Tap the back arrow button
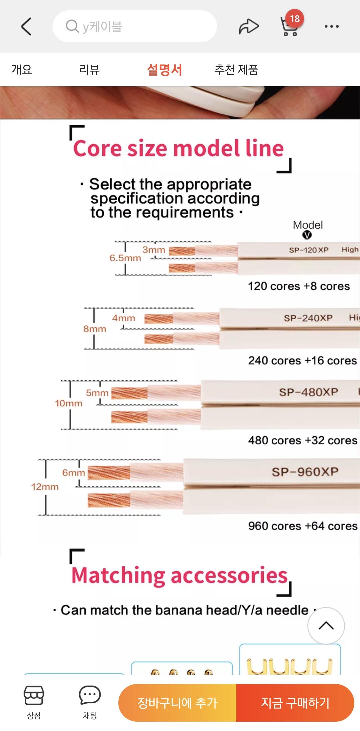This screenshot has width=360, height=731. click(x=26, y=26)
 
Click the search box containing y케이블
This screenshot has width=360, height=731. click(x=135, y=26)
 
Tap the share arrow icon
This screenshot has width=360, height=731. click(x=249, y=27)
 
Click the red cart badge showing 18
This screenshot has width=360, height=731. click(x=295, y=19)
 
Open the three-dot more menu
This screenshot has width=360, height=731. click(x=332, y=26)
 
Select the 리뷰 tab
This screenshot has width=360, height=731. click(x=89, y=70)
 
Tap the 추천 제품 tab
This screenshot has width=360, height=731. click(x=236, y=70)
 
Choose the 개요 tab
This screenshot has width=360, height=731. click(x=22, y=70)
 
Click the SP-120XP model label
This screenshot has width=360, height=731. click(x=309, y=250)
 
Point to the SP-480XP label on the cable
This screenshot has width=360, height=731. click(x=309, y=392)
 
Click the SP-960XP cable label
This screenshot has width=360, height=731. click(x=305, y=472)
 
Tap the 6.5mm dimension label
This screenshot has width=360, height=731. click(x=125, y=258)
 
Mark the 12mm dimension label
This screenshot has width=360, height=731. click(x=45, y=487)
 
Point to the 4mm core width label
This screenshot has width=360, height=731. click(x=124, y=318)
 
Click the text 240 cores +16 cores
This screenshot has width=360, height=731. click(x=302, y=360)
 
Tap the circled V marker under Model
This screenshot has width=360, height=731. click(x=307, y=235)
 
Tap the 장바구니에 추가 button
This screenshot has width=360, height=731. click(x=177, y=703)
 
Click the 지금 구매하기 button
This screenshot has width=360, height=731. click(x=295, y=703)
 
